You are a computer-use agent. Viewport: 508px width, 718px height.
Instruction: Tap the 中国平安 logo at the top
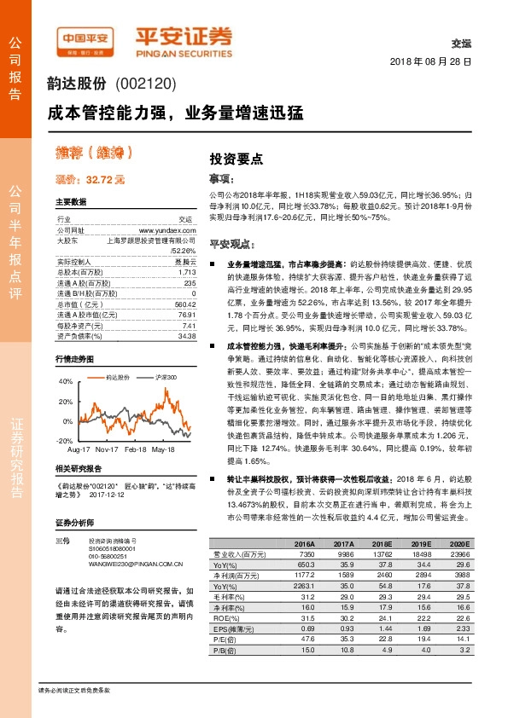85,38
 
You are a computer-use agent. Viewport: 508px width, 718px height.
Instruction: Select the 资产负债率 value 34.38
186,336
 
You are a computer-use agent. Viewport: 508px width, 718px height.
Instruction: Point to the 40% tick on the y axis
66,381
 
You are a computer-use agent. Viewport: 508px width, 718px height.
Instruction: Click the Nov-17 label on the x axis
107,449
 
